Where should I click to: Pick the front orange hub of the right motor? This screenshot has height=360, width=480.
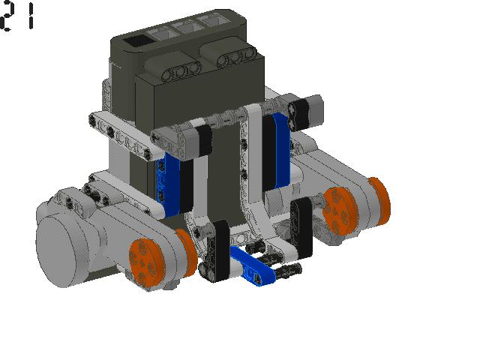point(340,211)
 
